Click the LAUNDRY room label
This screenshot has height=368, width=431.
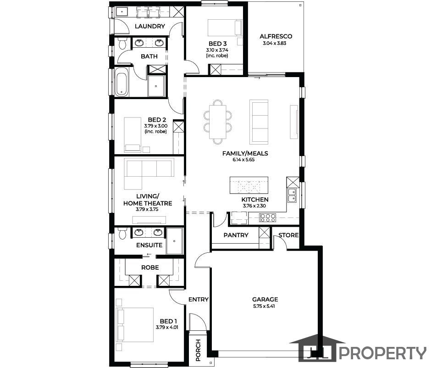tap(150, 27)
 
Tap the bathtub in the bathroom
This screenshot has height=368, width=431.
tap(121, 82)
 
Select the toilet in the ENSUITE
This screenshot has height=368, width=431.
tap(122, 234)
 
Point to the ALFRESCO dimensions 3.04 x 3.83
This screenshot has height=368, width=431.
tap(274, 43)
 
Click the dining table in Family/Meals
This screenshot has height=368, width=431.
tap(218, 122)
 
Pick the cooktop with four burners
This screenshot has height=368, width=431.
tap(268, 218)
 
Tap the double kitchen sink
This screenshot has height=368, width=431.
tap(292, 195)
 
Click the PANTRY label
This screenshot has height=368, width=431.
tap(236, 235)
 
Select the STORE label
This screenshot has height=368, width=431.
tap(288, 235)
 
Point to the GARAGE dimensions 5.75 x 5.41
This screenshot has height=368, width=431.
tap(264, 306)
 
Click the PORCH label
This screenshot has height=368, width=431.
tap(198, 350)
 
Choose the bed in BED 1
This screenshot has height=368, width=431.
tap(135, 325)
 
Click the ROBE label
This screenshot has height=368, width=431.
tap(150, 268)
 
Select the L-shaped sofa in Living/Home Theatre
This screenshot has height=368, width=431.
tap(149, 173)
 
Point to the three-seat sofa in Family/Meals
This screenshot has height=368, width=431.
tap(259, 122)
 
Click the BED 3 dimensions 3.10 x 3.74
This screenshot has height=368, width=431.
tap(217, 50)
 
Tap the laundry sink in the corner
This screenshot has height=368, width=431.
tap(122, 12)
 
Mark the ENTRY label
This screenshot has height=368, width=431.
tap(198, 300)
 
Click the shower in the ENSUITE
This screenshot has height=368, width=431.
tap(174, 241)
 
